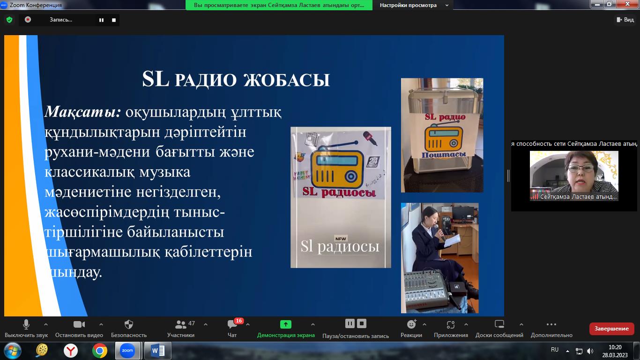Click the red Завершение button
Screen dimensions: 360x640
click(x=611, y=329)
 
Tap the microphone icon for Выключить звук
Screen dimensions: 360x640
click(x=26, y=324)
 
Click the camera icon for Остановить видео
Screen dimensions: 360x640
click(x=79, y=324)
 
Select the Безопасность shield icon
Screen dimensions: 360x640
click(x=129, y=324)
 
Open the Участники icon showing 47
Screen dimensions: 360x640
click(x=180, y=324)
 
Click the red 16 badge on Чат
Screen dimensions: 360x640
click(x=238, y=321)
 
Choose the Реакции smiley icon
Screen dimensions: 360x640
click(x=411, y=324)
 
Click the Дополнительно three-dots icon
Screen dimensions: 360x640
click(x=551, y=324)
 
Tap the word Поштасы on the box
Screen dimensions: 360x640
click(x=444, y=154)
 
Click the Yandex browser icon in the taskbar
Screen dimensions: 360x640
click(x=71, y=350)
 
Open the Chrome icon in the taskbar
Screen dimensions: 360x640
click(x=99, y=350)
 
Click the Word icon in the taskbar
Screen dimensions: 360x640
click(x=157, y=350)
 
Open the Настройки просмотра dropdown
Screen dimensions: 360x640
click(x=414, y=5)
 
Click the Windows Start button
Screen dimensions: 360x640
click(x=13, y=350)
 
